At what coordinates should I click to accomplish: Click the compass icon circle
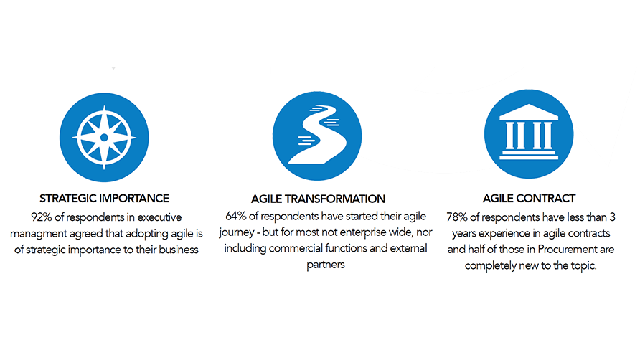tap(104, 138)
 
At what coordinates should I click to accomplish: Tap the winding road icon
tap(317, 136)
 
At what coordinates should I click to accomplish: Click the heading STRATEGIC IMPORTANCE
tap(104, 199)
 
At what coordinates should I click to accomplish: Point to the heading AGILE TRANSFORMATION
tap(318, 199)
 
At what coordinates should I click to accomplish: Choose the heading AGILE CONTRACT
tap(529, 199)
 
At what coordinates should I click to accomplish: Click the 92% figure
tap(41, 217)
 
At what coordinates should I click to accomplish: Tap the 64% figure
tap(236, 216)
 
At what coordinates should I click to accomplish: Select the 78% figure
tap(457, 217)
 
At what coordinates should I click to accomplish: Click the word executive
tap(159, 217)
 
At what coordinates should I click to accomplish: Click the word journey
tap(237, 232)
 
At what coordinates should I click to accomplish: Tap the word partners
tap(326, 265)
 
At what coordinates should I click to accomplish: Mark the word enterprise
tap(363, 232)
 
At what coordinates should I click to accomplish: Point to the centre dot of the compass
tap(104, 138)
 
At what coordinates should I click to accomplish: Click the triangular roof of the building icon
tap(529, 112)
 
